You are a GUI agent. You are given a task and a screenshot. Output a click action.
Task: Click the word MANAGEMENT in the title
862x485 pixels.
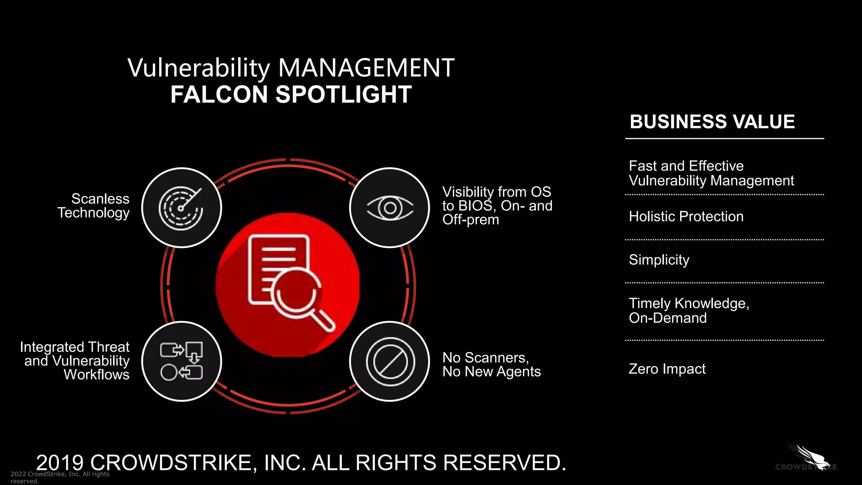click(366, 68)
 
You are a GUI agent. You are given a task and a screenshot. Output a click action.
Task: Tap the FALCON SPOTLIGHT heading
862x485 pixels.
click(291, 94)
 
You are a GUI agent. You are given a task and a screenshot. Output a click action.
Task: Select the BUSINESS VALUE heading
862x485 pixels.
click(712, 122)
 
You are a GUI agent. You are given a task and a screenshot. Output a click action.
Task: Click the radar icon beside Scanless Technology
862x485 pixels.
click(181, 208)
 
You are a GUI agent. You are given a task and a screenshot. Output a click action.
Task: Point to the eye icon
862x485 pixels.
click(390, 208)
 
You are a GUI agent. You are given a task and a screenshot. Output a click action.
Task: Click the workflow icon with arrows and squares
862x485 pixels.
click(181, 361)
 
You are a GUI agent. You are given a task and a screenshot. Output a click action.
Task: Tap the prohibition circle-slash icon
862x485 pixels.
click(390, 361)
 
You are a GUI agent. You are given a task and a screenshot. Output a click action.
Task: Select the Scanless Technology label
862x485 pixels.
click(94, 205)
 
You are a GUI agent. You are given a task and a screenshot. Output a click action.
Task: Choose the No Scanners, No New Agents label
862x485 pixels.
click(491, 365)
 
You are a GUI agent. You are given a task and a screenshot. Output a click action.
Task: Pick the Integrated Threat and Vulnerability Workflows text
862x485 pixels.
click(75, 361)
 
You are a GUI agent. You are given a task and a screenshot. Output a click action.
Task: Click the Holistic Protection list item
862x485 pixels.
click(686, 216)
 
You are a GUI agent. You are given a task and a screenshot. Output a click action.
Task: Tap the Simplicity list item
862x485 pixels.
click(659, 260)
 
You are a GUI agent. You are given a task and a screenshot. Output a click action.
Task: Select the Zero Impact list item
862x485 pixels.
click(667, 369)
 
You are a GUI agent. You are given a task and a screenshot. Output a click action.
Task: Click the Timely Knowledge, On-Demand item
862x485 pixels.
click(689, 310)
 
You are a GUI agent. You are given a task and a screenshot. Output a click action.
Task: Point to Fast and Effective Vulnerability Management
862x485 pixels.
click(711, 173)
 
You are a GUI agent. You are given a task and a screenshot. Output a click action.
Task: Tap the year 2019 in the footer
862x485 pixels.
click(60, 463)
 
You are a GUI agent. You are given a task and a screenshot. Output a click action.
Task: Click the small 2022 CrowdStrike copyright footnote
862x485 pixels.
click(60, 477)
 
